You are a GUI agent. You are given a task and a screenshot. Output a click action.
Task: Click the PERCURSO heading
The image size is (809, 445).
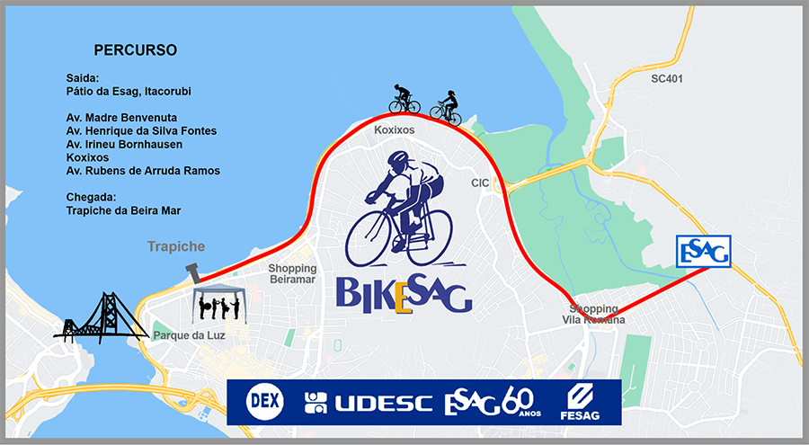(135, 49)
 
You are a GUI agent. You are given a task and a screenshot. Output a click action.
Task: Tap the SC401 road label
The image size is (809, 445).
(667, 79)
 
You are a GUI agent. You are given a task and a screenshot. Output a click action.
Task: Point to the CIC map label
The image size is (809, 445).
(480, 183)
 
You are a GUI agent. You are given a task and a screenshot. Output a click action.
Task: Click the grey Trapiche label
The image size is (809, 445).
(177, 246)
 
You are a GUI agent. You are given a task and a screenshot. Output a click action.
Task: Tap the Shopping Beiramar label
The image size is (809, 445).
(293, 274)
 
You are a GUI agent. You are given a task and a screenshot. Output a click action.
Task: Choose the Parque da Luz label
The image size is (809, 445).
(189, 336)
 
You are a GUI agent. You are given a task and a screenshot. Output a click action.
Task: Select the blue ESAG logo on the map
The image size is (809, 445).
(703, 252)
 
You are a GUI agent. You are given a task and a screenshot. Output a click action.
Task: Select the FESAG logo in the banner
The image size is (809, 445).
(578, 402)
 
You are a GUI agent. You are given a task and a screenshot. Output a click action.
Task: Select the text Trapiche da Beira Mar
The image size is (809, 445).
(124, 210)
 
